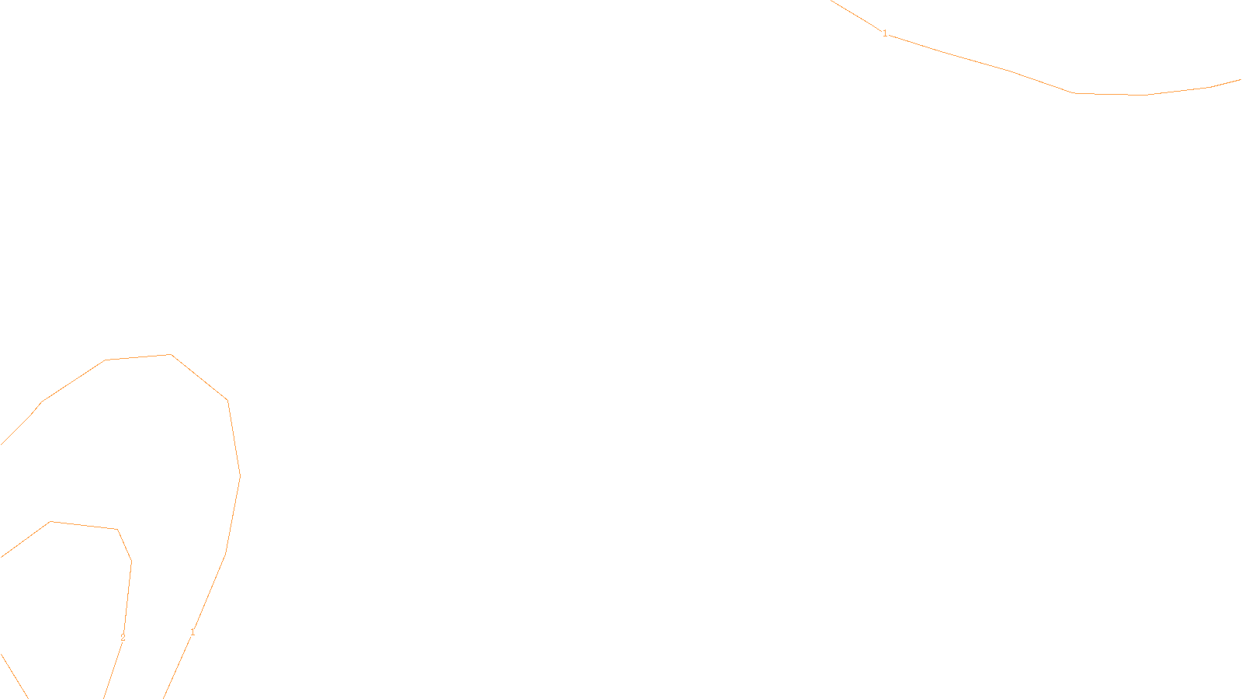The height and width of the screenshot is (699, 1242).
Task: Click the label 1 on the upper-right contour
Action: pyautogui.click(x=885, y=33)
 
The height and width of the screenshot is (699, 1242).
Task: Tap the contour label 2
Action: pyautogui.click(x=123, y=638)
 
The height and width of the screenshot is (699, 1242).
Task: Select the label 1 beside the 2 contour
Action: pyautogui.click(x=193, y=632)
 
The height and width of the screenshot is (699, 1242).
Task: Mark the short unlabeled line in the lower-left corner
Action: pyautogui.click(x=14, y=676)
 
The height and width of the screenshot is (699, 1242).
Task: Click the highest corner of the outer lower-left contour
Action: pyautogui.click(x=171, y=355)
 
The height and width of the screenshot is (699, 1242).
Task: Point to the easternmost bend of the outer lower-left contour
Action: pyautogui.click(x=240, y=475)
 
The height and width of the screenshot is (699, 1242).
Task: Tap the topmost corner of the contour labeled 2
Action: pyautogui.click(x=50, y=522)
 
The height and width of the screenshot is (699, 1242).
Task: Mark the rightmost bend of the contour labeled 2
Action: pyautogui.click(x=131, y=561)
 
